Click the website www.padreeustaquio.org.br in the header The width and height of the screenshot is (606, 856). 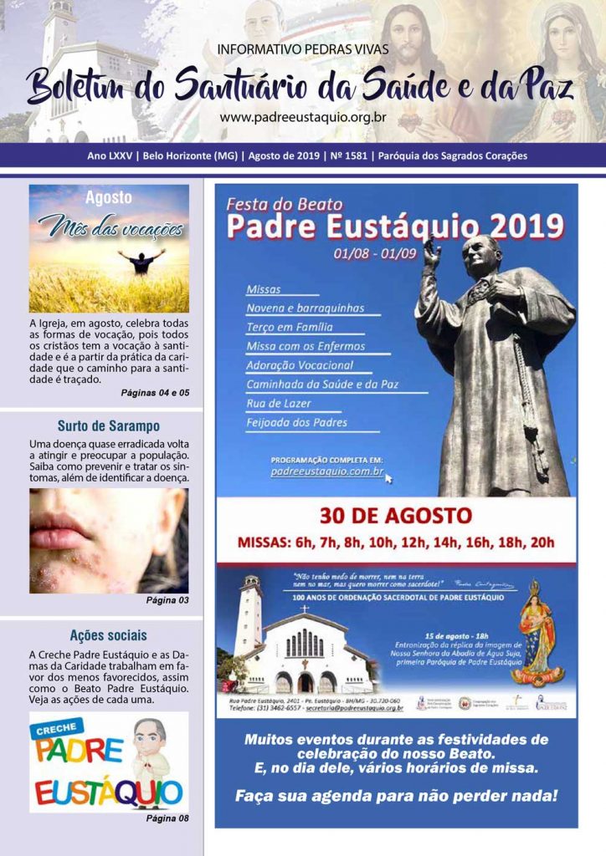[302, 118]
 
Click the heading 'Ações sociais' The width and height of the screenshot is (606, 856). [109, 634]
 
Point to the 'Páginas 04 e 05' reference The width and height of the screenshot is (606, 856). [155, 392]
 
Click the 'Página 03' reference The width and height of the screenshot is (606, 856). [167, 600]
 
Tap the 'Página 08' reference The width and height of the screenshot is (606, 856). [167, 818]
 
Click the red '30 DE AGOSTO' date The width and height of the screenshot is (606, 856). [395, 516]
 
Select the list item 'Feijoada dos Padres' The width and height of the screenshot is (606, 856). [296, 423]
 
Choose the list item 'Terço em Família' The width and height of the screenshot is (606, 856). [290, 327]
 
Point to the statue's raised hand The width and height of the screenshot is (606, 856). [432, 252]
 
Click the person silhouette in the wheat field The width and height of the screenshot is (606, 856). [141, 262]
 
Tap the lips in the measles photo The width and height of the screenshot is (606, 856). [62, 533]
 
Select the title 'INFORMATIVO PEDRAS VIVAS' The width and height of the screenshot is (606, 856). [302, 49]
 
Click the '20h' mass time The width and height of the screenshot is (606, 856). [541, 542]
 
